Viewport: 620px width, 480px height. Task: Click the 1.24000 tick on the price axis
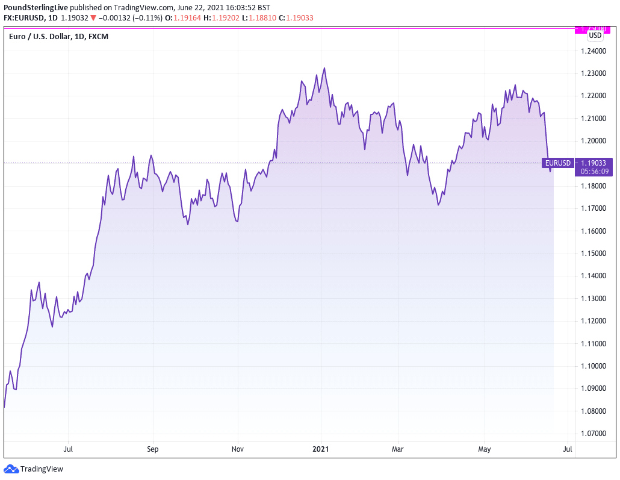(594, 51)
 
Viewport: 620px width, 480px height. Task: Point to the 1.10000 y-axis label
(594, 366)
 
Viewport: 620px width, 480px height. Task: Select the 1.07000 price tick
(594, 434)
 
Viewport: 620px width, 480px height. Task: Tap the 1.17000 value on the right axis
(594, 208)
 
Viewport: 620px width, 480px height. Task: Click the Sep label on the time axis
(152, 449)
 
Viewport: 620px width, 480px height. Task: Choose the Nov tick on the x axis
(238, 449)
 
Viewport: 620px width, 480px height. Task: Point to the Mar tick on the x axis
(397, 449)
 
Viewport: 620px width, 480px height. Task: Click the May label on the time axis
(485, 449)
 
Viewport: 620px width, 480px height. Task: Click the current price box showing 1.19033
(594, 163)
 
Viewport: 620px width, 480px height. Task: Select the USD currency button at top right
(595, 35)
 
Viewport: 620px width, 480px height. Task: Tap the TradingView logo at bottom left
(34, 469)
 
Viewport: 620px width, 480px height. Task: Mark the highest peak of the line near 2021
(324, 68)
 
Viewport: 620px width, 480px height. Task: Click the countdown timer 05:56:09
(594, 171)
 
